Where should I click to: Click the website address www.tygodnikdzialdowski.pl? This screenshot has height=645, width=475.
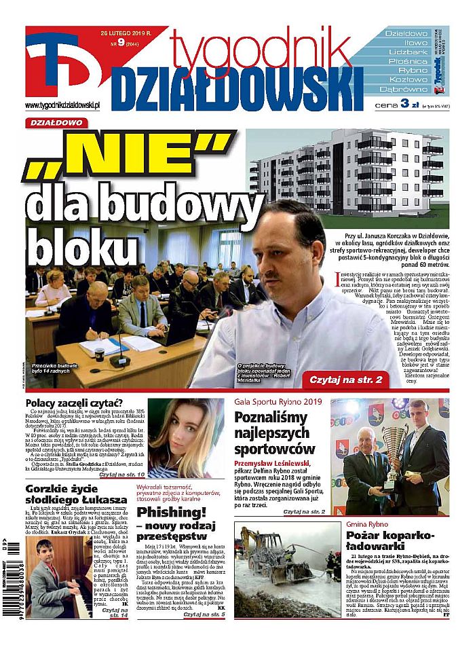(x=62, y=106)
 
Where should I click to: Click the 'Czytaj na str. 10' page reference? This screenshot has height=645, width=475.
(x=121, y=473)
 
